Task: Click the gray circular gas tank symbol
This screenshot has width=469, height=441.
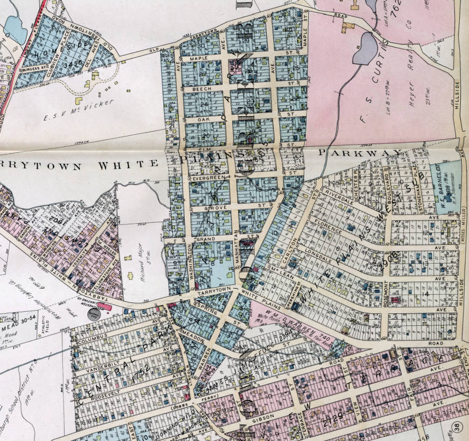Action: [x=94, y=314]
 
